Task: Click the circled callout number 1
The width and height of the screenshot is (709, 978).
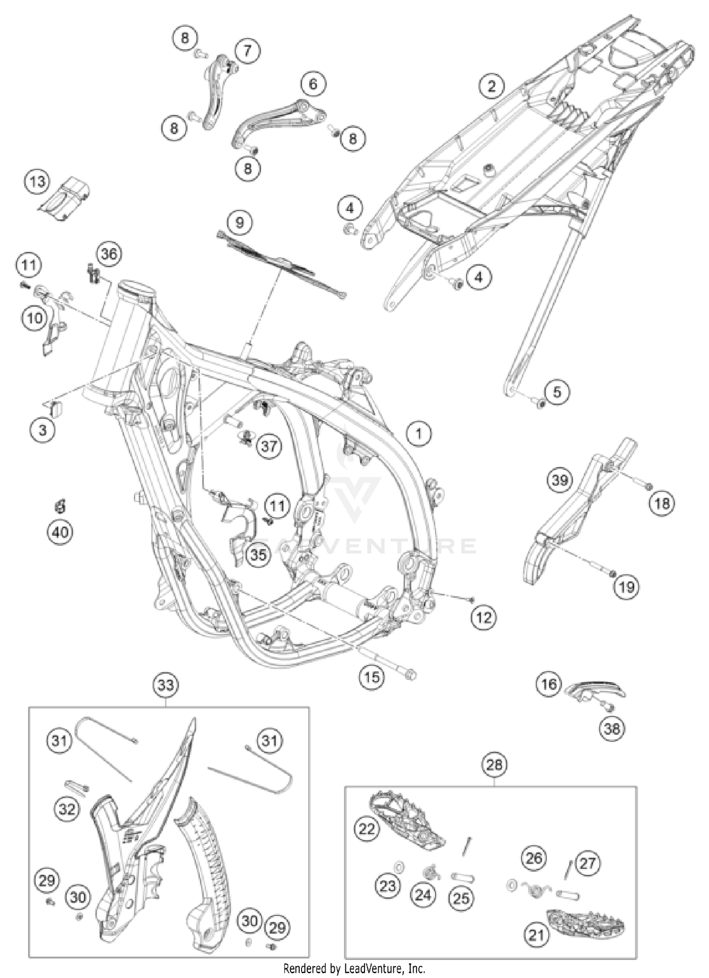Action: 419,433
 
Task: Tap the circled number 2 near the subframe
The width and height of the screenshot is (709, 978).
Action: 491,87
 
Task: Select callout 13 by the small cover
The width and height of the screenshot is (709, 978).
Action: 37,182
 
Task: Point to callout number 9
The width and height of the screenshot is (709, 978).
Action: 240,222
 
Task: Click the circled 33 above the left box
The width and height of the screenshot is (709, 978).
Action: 166,684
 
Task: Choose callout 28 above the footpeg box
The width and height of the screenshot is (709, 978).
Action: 494,764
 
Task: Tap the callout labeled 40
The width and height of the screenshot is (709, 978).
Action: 61,533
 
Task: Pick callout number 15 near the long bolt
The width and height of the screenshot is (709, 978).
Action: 372,677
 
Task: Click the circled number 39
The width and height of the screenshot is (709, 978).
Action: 560,480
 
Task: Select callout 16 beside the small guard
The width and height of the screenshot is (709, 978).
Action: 549,684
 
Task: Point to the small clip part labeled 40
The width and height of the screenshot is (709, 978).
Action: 60,507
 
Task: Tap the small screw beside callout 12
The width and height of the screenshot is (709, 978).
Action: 471,599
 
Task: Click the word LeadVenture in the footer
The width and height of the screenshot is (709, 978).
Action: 371,968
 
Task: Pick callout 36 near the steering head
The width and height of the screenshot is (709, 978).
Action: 109,254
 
